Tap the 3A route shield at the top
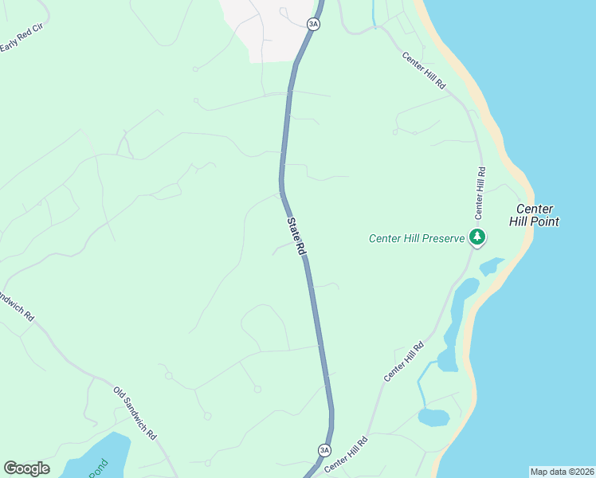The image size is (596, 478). pyautogui.click(x=313, y=24)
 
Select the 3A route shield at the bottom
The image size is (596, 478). pyautogui.click(x=324, y=450)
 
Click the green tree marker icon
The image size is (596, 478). pyautogui.click(x=477, y=237)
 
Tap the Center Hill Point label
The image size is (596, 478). pyautogui.click(x=534, y=215)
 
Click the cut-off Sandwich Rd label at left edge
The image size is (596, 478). pyautogui.click(x=18, y=306)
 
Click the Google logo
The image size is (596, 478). pyautogui.click(x=26, y=468)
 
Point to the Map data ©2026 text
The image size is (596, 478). pyautogui.click(x=562, y=472)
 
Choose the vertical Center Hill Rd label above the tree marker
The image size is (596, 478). pyautogui.click(x=480, y=193)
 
